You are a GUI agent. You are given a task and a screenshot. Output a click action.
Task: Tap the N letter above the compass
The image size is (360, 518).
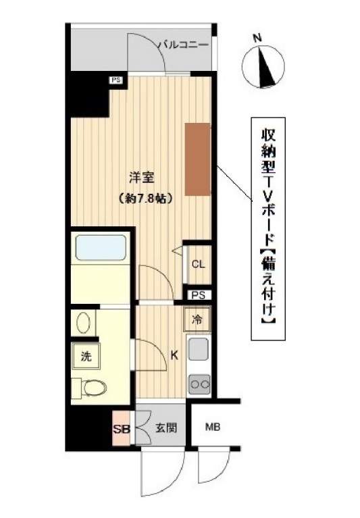coord(257,38)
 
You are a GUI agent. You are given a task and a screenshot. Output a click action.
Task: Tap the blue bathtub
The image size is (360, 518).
coord(101,247)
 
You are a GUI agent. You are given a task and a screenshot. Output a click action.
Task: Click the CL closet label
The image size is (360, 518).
coord(198,264)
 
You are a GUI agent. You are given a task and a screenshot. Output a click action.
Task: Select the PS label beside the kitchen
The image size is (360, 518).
coord(198,295)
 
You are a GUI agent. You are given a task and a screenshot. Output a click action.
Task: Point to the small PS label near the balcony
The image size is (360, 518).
coord(117,80)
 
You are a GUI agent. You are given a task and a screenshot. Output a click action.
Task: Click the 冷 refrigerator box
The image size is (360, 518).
coord(196,317)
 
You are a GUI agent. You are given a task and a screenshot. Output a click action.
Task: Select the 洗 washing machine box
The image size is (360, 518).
coord(86,356)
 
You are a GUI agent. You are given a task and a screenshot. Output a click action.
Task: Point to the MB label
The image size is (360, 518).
coord(213,427)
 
